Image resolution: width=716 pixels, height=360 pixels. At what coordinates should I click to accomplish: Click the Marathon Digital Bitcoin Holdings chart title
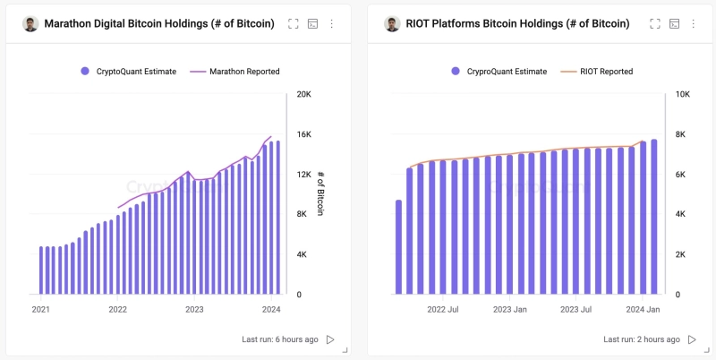pyautogui.click(x=158, y=24)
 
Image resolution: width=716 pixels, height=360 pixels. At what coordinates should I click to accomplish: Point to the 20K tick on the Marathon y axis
pyautogui.click(x=303, y=94)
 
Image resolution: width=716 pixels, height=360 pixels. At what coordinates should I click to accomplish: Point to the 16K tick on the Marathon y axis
pyautogui.click(x=303, y=134)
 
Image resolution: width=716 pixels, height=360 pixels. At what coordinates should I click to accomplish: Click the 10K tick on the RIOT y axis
pyautogui.click(x=681, y=94)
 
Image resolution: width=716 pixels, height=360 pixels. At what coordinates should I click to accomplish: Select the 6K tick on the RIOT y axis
pyautogui.click(x=679, y=175)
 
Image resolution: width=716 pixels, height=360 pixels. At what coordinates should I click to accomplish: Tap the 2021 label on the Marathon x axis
pyautogui.click(x=40, y=310)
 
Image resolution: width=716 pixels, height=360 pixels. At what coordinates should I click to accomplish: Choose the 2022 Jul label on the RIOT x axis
pyautogui.click(x=443, y=310)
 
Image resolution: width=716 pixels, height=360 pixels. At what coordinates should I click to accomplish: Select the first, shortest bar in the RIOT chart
pyautogui.click(x=398, y=247)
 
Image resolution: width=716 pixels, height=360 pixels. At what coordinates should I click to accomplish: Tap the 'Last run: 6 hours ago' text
pyautogui.click(x=279, y=340)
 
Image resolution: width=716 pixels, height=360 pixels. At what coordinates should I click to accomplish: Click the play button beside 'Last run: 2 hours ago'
pyautogui.click(x=692, y=340)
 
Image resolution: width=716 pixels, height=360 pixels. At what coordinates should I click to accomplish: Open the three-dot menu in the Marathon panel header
pyautogui.click(x=332, y=24)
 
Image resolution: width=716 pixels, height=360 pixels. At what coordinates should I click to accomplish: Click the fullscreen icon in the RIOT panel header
pyautogui.click(x=654, y=24)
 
